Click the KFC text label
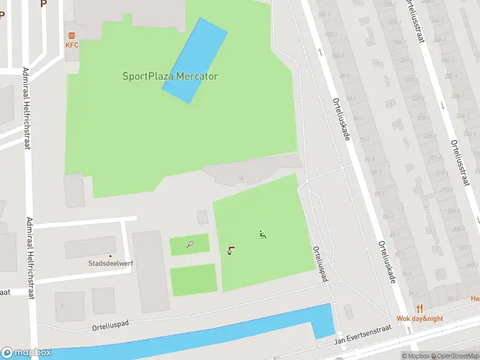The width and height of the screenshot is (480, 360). tap(72, 45)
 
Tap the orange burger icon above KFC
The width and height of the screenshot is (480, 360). tap(72, 35)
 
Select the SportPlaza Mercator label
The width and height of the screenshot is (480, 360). tap(170, 76)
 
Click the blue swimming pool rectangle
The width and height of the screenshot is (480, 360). tap(194, 60)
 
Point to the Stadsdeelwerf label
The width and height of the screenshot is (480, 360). tap(110, 263)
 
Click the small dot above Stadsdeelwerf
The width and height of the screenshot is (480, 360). tap(110, 256)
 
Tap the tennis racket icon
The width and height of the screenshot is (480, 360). tap(190, 244)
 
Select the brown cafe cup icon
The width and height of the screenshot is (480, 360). tap(231, 251)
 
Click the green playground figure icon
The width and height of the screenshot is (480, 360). tap(262, 235)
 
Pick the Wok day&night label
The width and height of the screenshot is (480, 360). tap(419, 318)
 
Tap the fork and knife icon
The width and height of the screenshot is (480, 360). tap(419, 309)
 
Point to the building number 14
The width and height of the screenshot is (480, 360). tap(239, 178)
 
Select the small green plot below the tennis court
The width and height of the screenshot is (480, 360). tap(193, 280)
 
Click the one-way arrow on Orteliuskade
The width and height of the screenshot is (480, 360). tap(320, 53)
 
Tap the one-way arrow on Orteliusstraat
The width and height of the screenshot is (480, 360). tap(443, 106)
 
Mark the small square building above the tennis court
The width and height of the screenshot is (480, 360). tap(203, 217)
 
